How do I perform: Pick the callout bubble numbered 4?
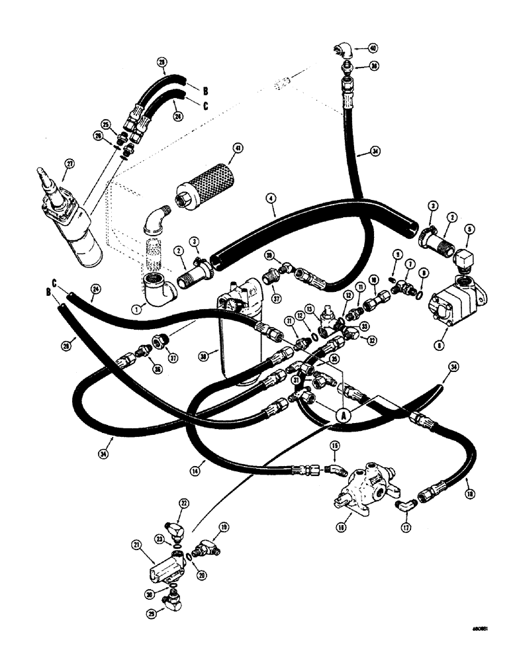[270, 197]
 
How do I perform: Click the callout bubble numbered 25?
[105, 123]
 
